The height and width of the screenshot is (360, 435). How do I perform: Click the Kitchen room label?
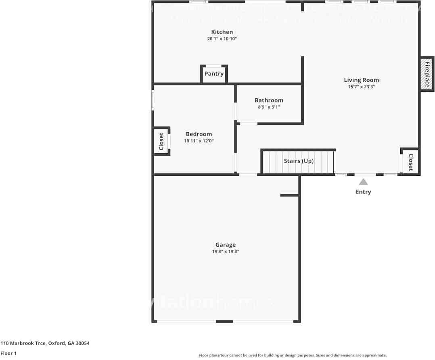point(222,32)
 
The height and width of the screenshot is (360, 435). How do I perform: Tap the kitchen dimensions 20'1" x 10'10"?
point(222,39)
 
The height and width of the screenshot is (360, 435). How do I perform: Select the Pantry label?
point(214,74)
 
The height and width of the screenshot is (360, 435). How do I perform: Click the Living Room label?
point(361,80)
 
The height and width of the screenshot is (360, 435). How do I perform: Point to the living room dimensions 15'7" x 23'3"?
point(361,87)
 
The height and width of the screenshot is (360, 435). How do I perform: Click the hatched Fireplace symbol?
point(426,74)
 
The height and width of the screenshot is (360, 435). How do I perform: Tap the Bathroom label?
point(269,100)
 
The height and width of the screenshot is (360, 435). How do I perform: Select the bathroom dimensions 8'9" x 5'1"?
point(269,107)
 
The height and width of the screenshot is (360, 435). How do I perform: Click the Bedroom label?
point(199,134)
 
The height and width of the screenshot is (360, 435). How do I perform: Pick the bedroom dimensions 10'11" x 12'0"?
point(199,141)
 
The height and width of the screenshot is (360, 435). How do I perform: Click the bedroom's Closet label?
point(161,141)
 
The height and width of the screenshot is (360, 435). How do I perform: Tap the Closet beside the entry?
point(411,162)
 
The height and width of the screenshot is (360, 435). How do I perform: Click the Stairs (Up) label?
point(299,161)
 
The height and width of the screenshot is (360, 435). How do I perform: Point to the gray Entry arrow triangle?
point(363,182)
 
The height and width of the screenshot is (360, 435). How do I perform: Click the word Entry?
point(363,192)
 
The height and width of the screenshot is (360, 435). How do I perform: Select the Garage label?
point(225,245)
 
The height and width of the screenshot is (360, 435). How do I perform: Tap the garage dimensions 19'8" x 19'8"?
point(225,252)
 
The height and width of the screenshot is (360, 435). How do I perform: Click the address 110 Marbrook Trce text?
point(45,343)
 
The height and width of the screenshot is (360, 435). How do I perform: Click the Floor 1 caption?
point(8,353)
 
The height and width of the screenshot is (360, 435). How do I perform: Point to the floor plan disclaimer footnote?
point(293,355)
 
